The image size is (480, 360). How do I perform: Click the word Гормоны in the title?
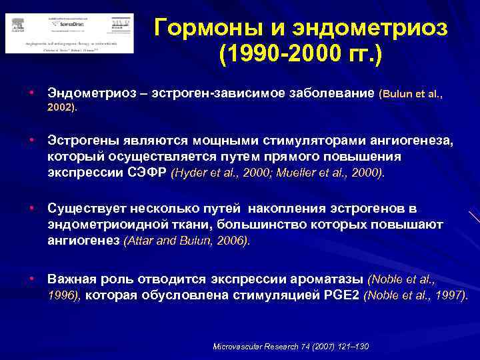(201, 27)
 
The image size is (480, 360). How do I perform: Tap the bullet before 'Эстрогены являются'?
(31, 140)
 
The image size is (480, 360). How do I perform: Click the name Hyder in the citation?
(191, 173)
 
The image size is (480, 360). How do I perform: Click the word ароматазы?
(328, 279)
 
